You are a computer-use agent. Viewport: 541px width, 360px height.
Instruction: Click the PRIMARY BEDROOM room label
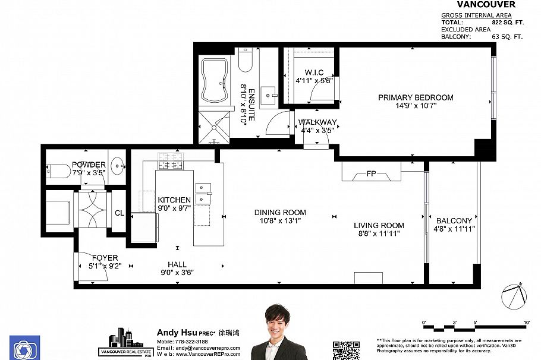(416, 97)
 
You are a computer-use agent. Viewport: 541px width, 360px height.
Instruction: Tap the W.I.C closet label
(309, 72)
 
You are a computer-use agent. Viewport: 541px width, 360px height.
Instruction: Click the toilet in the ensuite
(246, 59)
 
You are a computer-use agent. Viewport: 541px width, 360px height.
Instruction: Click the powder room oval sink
(117, 166)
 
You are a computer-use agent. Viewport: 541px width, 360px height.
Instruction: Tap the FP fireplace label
(372, 174)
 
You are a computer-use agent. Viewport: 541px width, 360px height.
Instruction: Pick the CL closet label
(119, 213)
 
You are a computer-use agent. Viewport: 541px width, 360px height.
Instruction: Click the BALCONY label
(454, 220)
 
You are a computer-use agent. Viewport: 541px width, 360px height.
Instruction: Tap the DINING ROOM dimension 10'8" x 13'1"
(280, 221)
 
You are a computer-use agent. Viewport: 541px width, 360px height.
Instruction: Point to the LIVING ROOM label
(379, 225)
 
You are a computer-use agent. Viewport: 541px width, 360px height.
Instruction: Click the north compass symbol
(514, 296)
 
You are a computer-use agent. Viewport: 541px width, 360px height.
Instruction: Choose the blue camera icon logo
(24, 348)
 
